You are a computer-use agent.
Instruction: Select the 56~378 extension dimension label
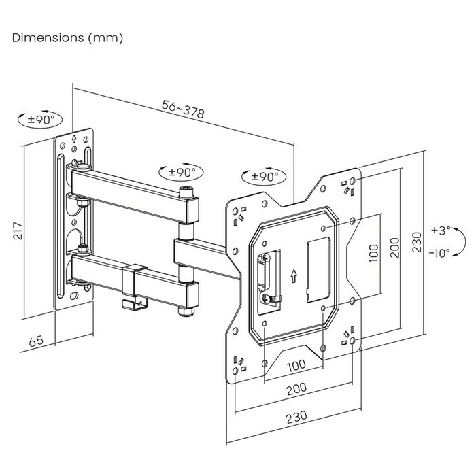pyautogui.click(x=184, y=109)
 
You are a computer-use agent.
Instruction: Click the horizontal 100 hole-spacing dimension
pyautogui.click(x=295, y=366)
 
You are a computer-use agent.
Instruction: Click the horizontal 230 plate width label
pyautogui.click(x=295, y=415)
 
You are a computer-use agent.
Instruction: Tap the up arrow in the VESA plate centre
pyautogui.click(x=293, y=276)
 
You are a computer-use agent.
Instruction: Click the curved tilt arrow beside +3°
pyautogui.click(x=461, y=241)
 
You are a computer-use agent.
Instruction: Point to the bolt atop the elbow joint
pyautogui.click(x=185, y=192)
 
